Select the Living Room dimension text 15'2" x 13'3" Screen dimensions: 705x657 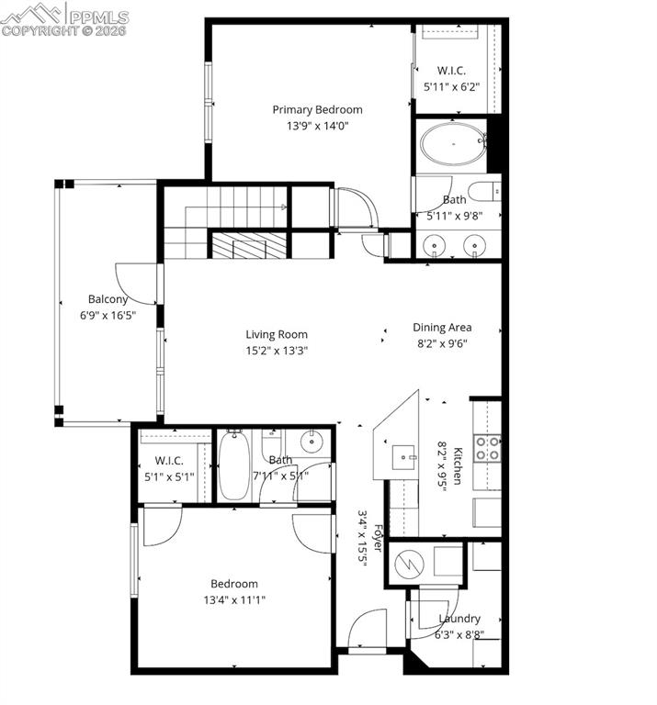(276, 350)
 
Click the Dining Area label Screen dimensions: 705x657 (442, 327)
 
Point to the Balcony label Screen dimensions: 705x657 (108, 298)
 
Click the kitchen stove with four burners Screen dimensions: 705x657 (487, 448)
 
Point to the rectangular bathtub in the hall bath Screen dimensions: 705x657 (233, 465)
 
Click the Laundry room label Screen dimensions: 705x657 (459, 619)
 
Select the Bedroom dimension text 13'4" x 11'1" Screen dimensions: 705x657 (233, 599)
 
